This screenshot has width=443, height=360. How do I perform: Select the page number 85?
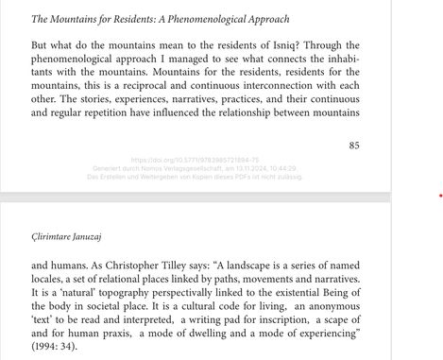pos(354,146)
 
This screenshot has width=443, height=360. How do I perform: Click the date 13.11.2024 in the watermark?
pos(249,168)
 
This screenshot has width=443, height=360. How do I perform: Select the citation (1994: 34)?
pos(60,348)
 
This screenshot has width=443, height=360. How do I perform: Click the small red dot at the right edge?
pos(440,197)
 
